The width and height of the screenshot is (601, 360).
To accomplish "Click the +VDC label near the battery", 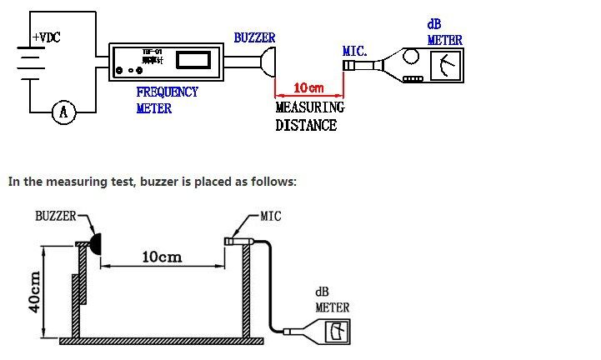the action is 46,38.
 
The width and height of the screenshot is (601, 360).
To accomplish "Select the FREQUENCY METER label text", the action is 167,100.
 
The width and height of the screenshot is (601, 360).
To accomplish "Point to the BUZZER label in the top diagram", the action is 254,38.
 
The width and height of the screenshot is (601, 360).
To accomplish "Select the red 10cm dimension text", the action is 309,87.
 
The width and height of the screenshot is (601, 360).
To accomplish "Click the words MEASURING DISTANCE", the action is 309,116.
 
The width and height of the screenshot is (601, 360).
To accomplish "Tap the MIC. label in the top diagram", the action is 355,52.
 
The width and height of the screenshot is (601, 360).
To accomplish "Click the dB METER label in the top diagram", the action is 444,32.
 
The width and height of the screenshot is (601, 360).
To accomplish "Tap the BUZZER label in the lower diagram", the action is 55,216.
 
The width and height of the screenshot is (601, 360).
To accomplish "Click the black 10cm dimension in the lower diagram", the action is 162,257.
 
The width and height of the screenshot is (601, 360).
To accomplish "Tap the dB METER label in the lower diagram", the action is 332,300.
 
